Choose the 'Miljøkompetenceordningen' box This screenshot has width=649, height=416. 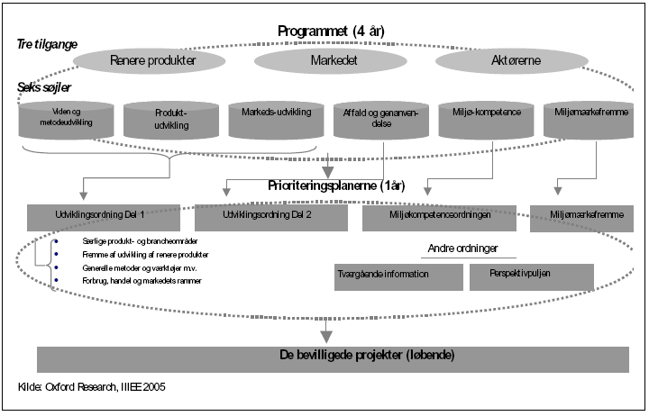(x=438, y=216)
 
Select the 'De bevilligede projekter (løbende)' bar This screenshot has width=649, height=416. (x=332, y=356)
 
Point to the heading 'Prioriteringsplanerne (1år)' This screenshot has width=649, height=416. (x=335, y=186)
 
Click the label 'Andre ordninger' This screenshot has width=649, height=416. (x=462, y=247)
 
